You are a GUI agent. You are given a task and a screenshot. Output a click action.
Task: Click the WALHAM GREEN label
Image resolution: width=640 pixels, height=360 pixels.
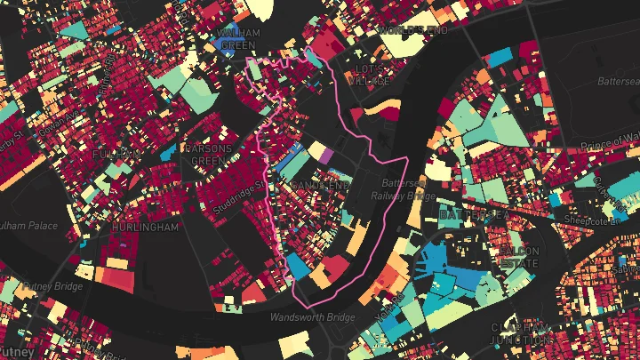point(238,39)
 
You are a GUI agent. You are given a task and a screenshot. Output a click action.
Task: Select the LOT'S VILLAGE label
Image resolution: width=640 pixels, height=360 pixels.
point(369,75)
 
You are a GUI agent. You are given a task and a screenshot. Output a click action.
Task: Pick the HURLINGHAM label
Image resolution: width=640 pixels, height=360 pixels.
point(145,228)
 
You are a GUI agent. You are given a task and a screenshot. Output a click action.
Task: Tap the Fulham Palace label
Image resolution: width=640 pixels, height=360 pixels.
point(27,225)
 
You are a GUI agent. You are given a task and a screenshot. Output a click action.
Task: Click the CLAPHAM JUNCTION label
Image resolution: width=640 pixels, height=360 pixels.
point(518,332)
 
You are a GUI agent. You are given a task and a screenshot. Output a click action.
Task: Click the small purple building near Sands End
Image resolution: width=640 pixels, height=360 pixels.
point(325,156)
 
